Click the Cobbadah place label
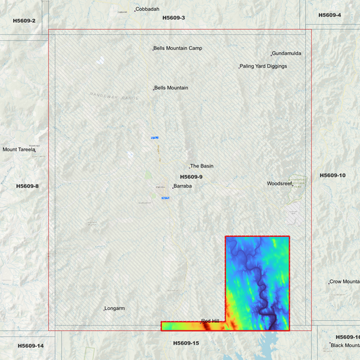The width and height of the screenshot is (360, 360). [148, 9]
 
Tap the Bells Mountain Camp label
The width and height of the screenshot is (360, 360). [178, 49]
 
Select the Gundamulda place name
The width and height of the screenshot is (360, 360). [286, 53]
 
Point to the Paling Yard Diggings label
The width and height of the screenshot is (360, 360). [264, 66]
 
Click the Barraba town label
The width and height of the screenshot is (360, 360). [183, 186]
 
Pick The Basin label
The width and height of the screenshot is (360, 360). [202, 166]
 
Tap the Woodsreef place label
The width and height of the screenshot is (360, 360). [280, 184]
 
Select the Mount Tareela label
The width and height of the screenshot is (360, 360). [18, 150]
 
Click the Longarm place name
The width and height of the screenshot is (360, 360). [115, 309]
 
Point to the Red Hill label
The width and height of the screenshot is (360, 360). [210, 321]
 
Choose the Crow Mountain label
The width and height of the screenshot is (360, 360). [344, 282]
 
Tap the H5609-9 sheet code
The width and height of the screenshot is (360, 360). [191, 177]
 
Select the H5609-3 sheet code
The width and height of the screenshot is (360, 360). [174, 18]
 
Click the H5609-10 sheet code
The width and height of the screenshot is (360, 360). [332, 176]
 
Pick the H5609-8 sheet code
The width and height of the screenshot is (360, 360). [28, 186]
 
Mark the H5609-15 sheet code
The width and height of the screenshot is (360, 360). [186, 343]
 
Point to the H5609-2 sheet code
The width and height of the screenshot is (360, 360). [24, 21]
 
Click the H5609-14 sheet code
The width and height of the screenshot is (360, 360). [30, 346]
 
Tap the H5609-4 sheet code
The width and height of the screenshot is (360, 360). [330, 15]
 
